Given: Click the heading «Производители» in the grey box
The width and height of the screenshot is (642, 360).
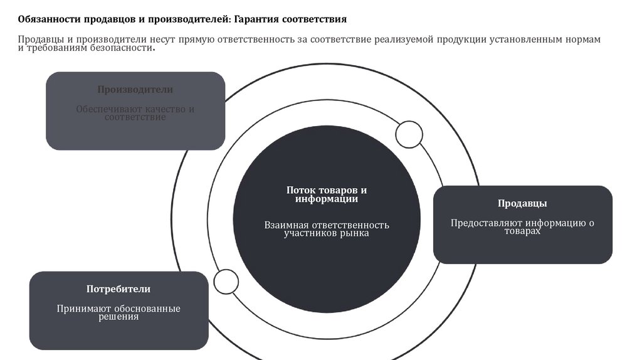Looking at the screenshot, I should click(x=135, y=90).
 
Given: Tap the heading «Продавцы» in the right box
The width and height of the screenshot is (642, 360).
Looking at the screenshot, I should click(x=522, y=203).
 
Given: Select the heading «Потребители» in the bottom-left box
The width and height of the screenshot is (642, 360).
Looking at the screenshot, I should click(x=118, y=289).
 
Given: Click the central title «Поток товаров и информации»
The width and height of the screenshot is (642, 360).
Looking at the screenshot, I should click(x=326, y=194).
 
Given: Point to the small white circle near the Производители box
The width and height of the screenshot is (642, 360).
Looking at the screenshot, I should click(x=409, y=134).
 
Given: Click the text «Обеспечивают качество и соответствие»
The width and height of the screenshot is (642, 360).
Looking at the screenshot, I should click(x=135, y=113).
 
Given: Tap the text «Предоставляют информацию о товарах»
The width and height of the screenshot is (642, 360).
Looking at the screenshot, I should click(x=522, y=227).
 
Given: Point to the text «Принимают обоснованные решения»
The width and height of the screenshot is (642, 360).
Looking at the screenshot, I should click(x=118, y=312).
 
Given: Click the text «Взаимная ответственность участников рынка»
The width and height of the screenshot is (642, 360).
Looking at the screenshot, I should click(x=326, y=229).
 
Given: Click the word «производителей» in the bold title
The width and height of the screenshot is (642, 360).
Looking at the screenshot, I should click(x=192, y=19).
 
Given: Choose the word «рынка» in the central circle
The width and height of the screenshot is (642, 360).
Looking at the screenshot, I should click(x=355, y=233).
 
